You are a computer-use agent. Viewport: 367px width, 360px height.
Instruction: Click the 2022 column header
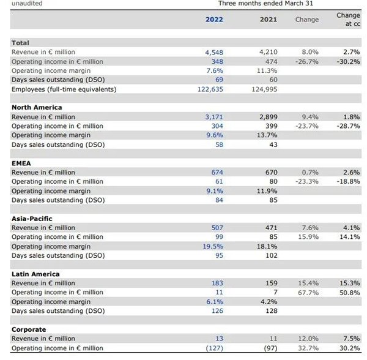214,19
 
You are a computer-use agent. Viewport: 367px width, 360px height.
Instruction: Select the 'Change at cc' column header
348,19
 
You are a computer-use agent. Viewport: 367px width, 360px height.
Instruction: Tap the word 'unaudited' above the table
27,3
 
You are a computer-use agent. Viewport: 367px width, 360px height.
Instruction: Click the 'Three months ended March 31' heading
265,3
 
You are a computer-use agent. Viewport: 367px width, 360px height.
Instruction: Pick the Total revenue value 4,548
214,52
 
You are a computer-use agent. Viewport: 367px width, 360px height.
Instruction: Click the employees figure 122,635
210,89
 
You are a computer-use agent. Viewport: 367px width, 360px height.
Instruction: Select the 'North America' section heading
37,107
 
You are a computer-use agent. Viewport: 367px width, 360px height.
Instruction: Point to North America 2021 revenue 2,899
269,117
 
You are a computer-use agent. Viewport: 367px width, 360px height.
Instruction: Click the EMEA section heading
21,163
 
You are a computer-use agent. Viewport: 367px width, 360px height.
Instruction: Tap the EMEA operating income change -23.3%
307,181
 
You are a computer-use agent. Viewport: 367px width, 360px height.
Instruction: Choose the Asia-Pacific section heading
32,219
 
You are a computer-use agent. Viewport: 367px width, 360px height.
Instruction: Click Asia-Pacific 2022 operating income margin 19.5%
213,246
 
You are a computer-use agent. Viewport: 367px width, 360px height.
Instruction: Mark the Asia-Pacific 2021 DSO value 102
272,255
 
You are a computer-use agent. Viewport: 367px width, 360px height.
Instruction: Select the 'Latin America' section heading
35,274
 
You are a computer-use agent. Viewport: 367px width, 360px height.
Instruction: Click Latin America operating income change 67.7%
308,293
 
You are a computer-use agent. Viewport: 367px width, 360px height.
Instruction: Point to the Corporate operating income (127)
215,348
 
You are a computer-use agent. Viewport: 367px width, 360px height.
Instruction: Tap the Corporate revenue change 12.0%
308,339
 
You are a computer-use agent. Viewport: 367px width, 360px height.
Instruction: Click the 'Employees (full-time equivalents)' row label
64,89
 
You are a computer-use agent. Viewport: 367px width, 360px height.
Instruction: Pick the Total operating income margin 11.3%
267,70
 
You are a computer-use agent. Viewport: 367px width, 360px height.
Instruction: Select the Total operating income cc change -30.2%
348,62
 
